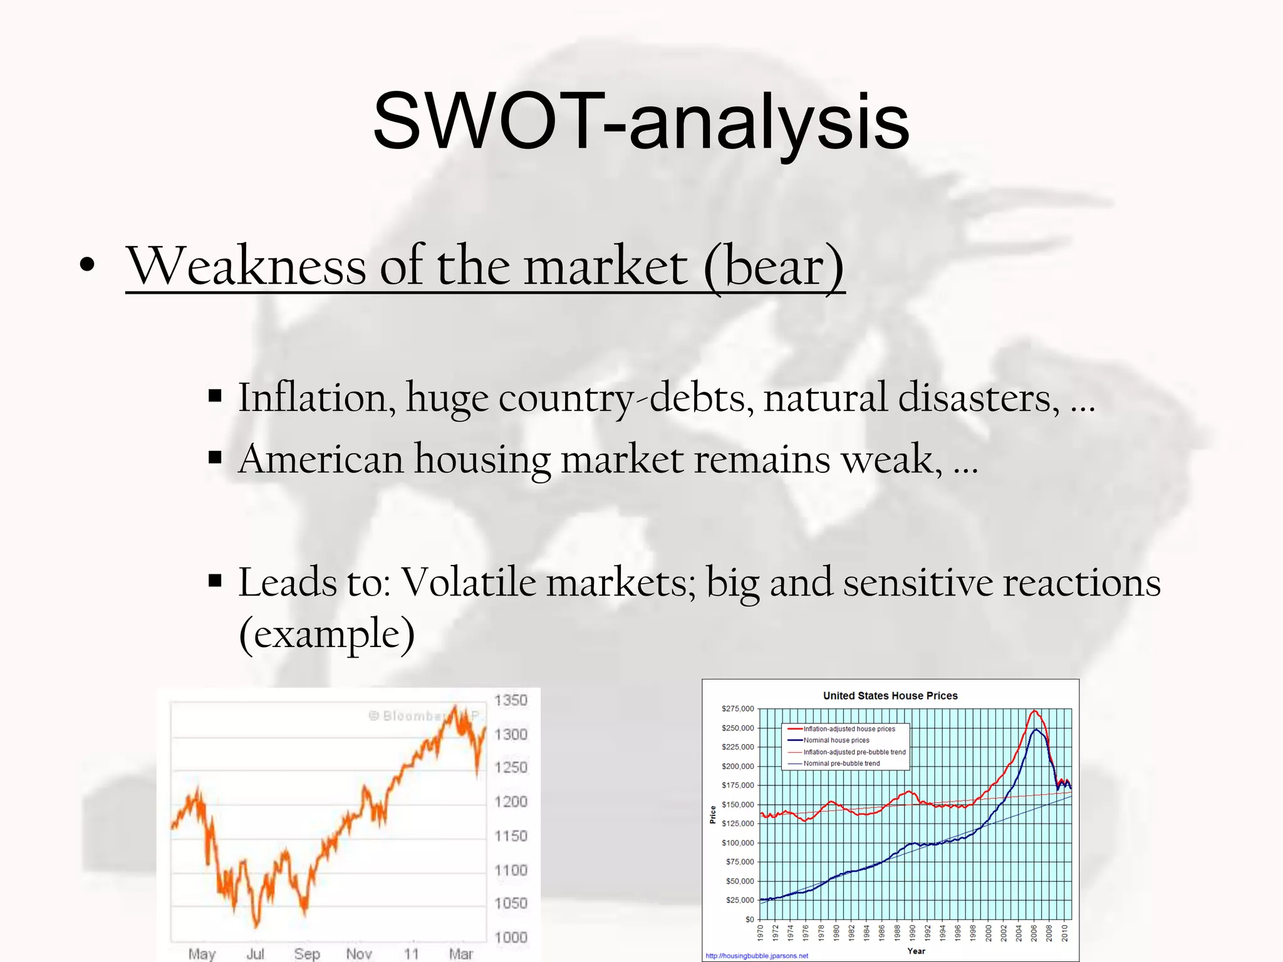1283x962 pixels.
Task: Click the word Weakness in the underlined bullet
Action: pos(246,267)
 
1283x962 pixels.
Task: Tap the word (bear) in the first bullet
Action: pos(774,267)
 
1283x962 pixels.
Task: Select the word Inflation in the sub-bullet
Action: pos(316,398)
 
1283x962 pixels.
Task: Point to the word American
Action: pos(321,459)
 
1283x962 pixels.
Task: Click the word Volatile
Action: pos(467,583)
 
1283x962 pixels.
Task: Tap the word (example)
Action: pos(327,634)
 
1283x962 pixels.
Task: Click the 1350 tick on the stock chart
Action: pos(511,700)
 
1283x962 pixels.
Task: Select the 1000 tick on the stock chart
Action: pos(511,938)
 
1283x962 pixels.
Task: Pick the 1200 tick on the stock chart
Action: pos(511,802)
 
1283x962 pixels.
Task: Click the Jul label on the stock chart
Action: pos(255,954)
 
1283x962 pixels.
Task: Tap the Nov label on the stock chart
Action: pos(359,954)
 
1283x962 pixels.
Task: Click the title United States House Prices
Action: pos(890,696)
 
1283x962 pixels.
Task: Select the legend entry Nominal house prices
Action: pos(836,740)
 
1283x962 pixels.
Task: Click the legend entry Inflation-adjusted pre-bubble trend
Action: pos(854,752)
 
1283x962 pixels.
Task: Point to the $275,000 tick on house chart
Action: pos(738,709)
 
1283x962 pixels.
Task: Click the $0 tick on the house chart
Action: pos(749,919)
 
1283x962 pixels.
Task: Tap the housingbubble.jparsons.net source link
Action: pos(757,956)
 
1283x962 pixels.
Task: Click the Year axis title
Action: pos(916,951)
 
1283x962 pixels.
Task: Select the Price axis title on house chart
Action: pos(713,814)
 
